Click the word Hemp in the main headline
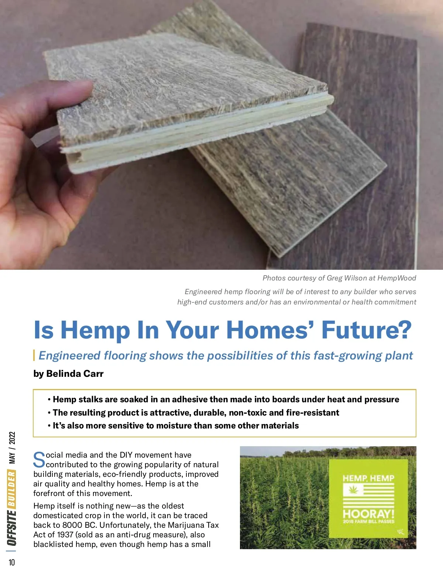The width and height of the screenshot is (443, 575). (x=95, y=330)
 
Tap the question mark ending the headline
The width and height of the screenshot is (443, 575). (x=403, y=329)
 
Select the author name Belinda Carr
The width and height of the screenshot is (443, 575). (x=75, y=373)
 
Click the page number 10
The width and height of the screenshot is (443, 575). (x=12, y=562)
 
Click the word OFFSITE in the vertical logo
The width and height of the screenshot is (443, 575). (x=12, y=528)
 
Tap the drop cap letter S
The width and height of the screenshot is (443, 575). (x=39, y=460)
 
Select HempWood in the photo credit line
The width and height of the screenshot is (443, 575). (x=397, y=278)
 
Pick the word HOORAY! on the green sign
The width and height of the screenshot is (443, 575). (x=368, y=514)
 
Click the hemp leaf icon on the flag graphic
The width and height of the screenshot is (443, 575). (x=353, y=490)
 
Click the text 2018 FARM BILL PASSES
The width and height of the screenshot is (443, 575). (x=368, y=522)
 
